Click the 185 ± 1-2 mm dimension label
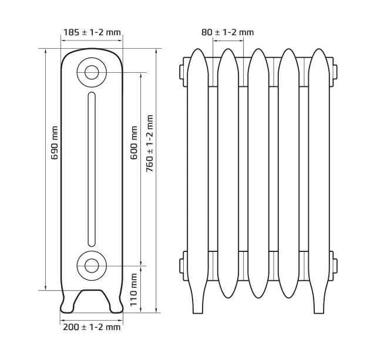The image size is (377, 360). coord(92,32)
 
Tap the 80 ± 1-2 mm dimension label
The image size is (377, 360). coord(227,32)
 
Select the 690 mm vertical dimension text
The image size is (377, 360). coord(55,143)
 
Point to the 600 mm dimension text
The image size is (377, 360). coord(134,143)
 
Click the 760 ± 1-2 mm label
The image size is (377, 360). coord(150,143)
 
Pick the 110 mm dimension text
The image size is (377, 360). coord(133,290)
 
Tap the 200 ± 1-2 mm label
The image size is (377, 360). coord(92,327)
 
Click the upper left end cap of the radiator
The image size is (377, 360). coord(181,72)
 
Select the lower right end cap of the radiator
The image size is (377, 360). coord(335,265)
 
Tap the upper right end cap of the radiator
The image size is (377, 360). coord(335,72)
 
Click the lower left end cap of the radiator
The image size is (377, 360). coord(181,265)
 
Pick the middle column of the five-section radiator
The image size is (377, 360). coord(258,173)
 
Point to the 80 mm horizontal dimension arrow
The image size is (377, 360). coord(228,41)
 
